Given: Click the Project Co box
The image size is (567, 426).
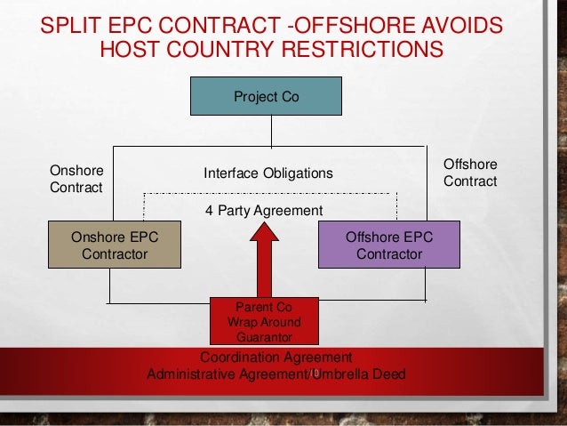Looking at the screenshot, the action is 266,96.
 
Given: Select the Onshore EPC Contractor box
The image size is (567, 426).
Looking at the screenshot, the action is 115,245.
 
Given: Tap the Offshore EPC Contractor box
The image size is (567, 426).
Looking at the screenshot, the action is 388,245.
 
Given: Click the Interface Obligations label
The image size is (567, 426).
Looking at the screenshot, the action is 268,173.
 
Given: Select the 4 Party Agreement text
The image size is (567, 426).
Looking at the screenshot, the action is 265,210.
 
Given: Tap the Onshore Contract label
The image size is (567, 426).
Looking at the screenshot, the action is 76,179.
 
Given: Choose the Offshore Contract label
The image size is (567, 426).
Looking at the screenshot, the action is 469,173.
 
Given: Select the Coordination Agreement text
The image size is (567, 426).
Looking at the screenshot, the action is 276,358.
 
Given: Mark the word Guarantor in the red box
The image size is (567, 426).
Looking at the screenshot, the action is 265,337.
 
